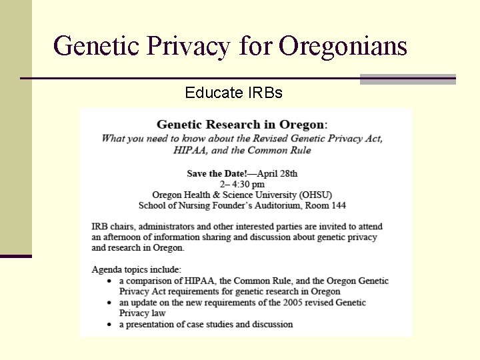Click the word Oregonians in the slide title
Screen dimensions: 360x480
pyautogui.click(x=343, y=47)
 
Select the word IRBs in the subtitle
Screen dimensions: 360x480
pyautogui.click(x=265, y=93)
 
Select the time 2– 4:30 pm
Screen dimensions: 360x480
pyautogui.click(x=242, y=184)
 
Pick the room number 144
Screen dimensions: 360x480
pyautogui.click(x=337, y=205)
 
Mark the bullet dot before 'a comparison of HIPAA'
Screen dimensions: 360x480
pyautogui.click(x=110, y=281)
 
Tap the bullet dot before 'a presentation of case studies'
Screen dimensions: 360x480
pyautogui.click(x=110, y=325)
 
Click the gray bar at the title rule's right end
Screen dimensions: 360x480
pyautogui.click(x=407, y=79)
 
